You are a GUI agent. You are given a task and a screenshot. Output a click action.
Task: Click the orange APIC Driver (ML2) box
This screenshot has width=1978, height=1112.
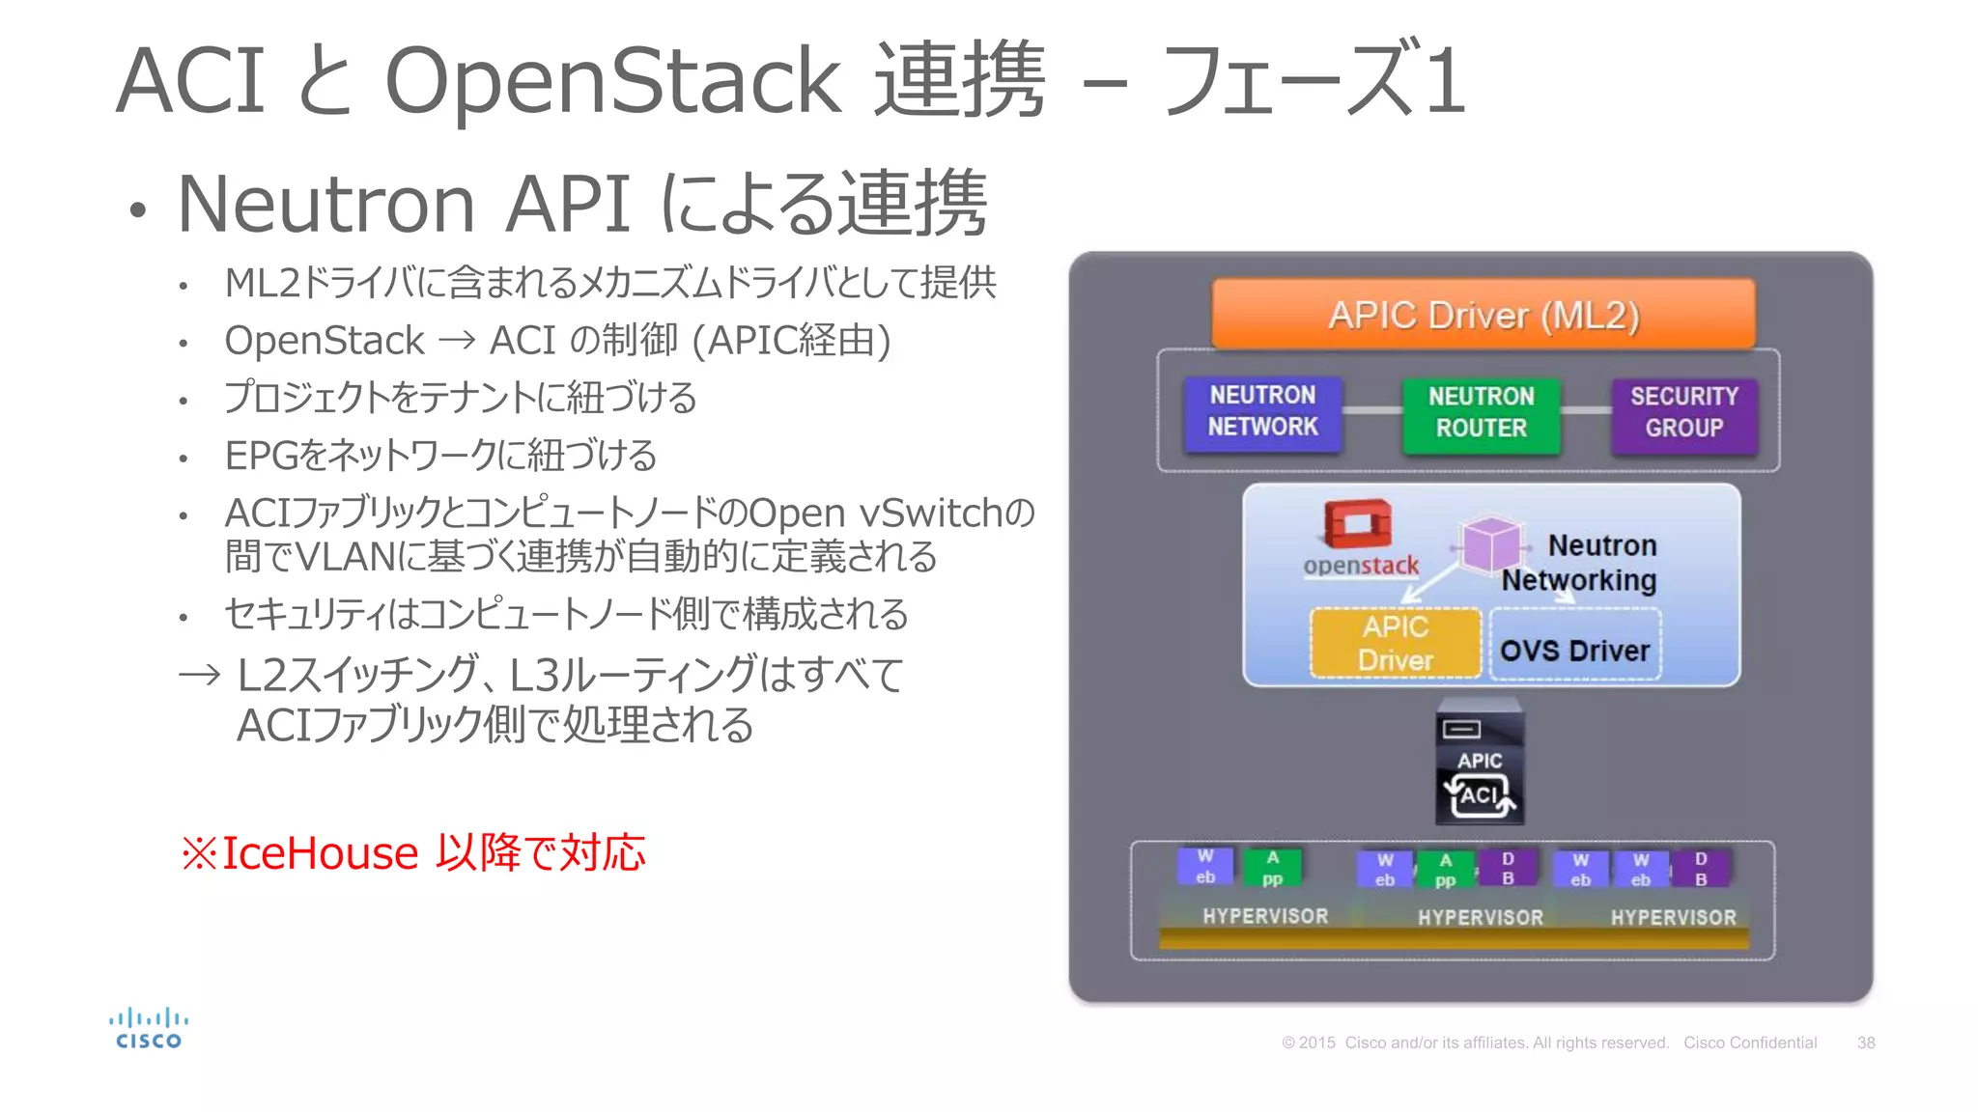click(1483, 315)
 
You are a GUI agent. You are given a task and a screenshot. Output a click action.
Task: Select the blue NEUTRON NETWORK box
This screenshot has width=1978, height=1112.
click(1262, 412)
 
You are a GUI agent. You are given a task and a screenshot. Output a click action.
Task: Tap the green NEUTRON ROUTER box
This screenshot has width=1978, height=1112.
click(1481, 413)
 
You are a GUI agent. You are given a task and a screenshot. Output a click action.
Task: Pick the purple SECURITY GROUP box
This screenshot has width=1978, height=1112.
click(1683, 413)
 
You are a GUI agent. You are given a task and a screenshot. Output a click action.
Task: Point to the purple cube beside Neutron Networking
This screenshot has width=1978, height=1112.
click(1490, 544)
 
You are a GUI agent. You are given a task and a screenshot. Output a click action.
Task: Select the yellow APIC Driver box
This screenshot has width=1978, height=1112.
click(1395, 643)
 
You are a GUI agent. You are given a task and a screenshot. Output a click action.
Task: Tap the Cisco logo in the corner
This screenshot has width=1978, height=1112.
click(149, 1029)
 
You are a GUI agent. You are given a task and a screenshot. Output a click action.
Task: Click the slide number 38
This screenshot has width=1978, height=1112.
click(1865, 1043)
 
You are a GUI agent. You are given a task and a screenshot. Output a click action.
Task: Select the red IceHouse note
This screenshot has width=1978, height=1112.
click(413, 853)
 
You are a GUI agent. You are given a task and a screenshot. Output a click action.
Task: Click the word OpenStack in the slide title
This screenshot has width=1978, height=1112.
click(612, 81)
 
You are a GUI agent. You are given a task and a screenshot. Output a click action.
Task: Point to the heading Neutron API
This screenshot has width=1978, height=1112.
click(404, 204)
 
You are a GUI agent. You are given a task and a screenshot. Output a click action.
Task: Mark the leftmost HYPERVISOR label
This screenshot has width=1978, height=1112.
click(1265, 916)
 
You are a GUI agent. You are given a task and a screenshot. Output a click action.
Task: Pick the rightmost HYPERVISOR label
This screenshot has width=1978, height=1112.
click(1673, 917)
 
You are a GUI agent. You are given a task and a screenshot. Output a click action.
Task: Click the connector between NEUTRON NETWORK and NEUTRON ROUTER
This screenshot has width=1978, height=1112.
click(1371, 411)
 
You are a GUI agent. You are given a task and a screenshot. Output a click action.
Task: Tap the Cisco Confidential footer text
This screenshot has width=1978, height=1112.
click(1749, 1043)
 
